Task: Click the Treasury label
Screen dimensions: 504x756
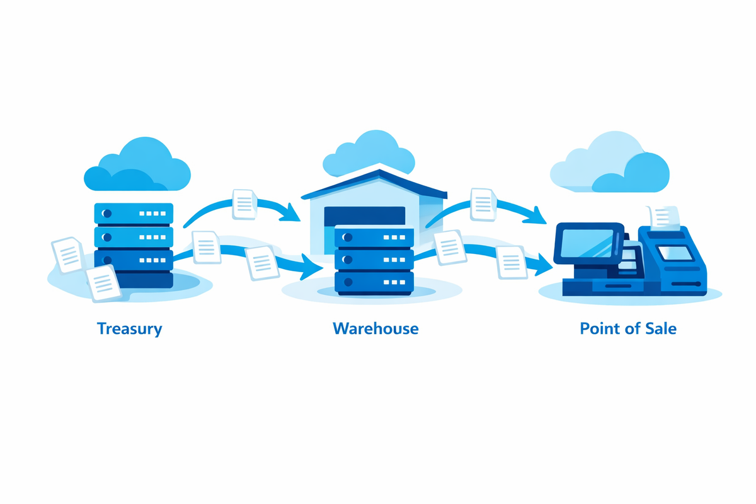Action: point(129,328)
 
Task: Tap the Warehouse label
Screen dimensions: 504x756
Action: point(375,328)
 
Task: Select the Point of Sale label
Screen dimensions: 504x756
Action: point(627,328)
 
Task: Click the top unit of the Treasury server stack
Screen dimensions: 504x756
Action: point(133,214)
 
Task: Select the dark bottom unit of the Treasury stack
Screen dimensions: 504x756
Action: point(133,279)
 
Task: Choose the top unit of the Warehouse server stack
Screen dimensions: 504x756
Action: point(374,238)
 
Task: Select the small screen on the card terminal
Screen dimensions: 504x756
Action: point(674,253)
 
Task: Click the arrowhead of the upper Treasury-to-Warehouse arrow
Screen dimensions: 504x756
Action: point(290,213)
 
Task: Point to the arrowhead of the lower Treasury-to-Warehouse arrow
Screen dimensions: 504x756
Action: point(311,268)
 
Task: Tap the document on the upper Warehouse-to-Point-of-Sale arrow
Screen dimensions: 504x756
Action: point(483,203)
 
